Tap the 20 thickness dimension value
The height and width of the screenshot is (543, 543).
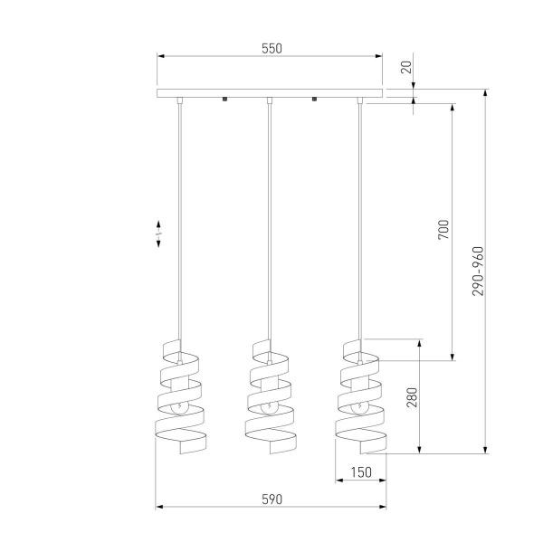tap(406, 66)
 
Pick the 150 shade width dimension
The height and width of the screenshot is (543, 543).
tap(360, 472)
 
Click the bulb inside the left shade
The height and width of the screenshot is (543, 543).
tap(180, 406)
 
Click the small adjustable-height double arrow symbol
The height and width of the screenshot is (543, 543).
tap(158, 232)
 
